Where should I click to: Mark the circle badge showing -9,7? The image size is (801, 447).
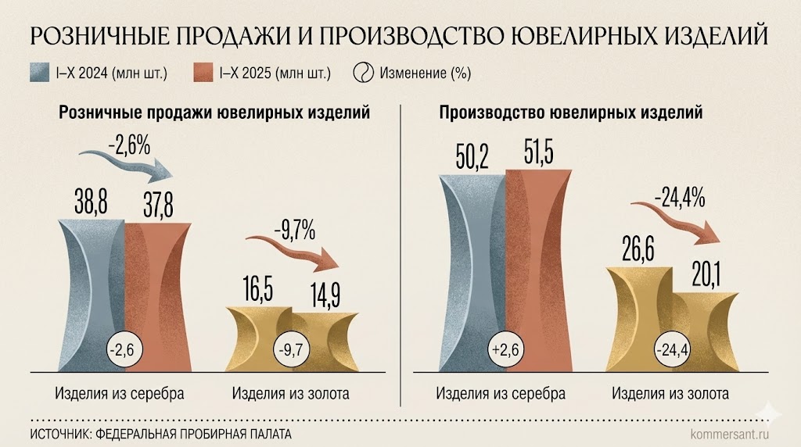(291, 349)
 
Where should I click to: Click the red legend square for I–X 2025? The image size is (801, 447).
(202, 73)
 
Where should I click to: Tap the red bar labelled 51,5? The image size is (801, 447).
(540, 266)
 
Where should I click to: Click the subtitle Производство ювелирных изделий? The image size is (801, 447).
(571, 113)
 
